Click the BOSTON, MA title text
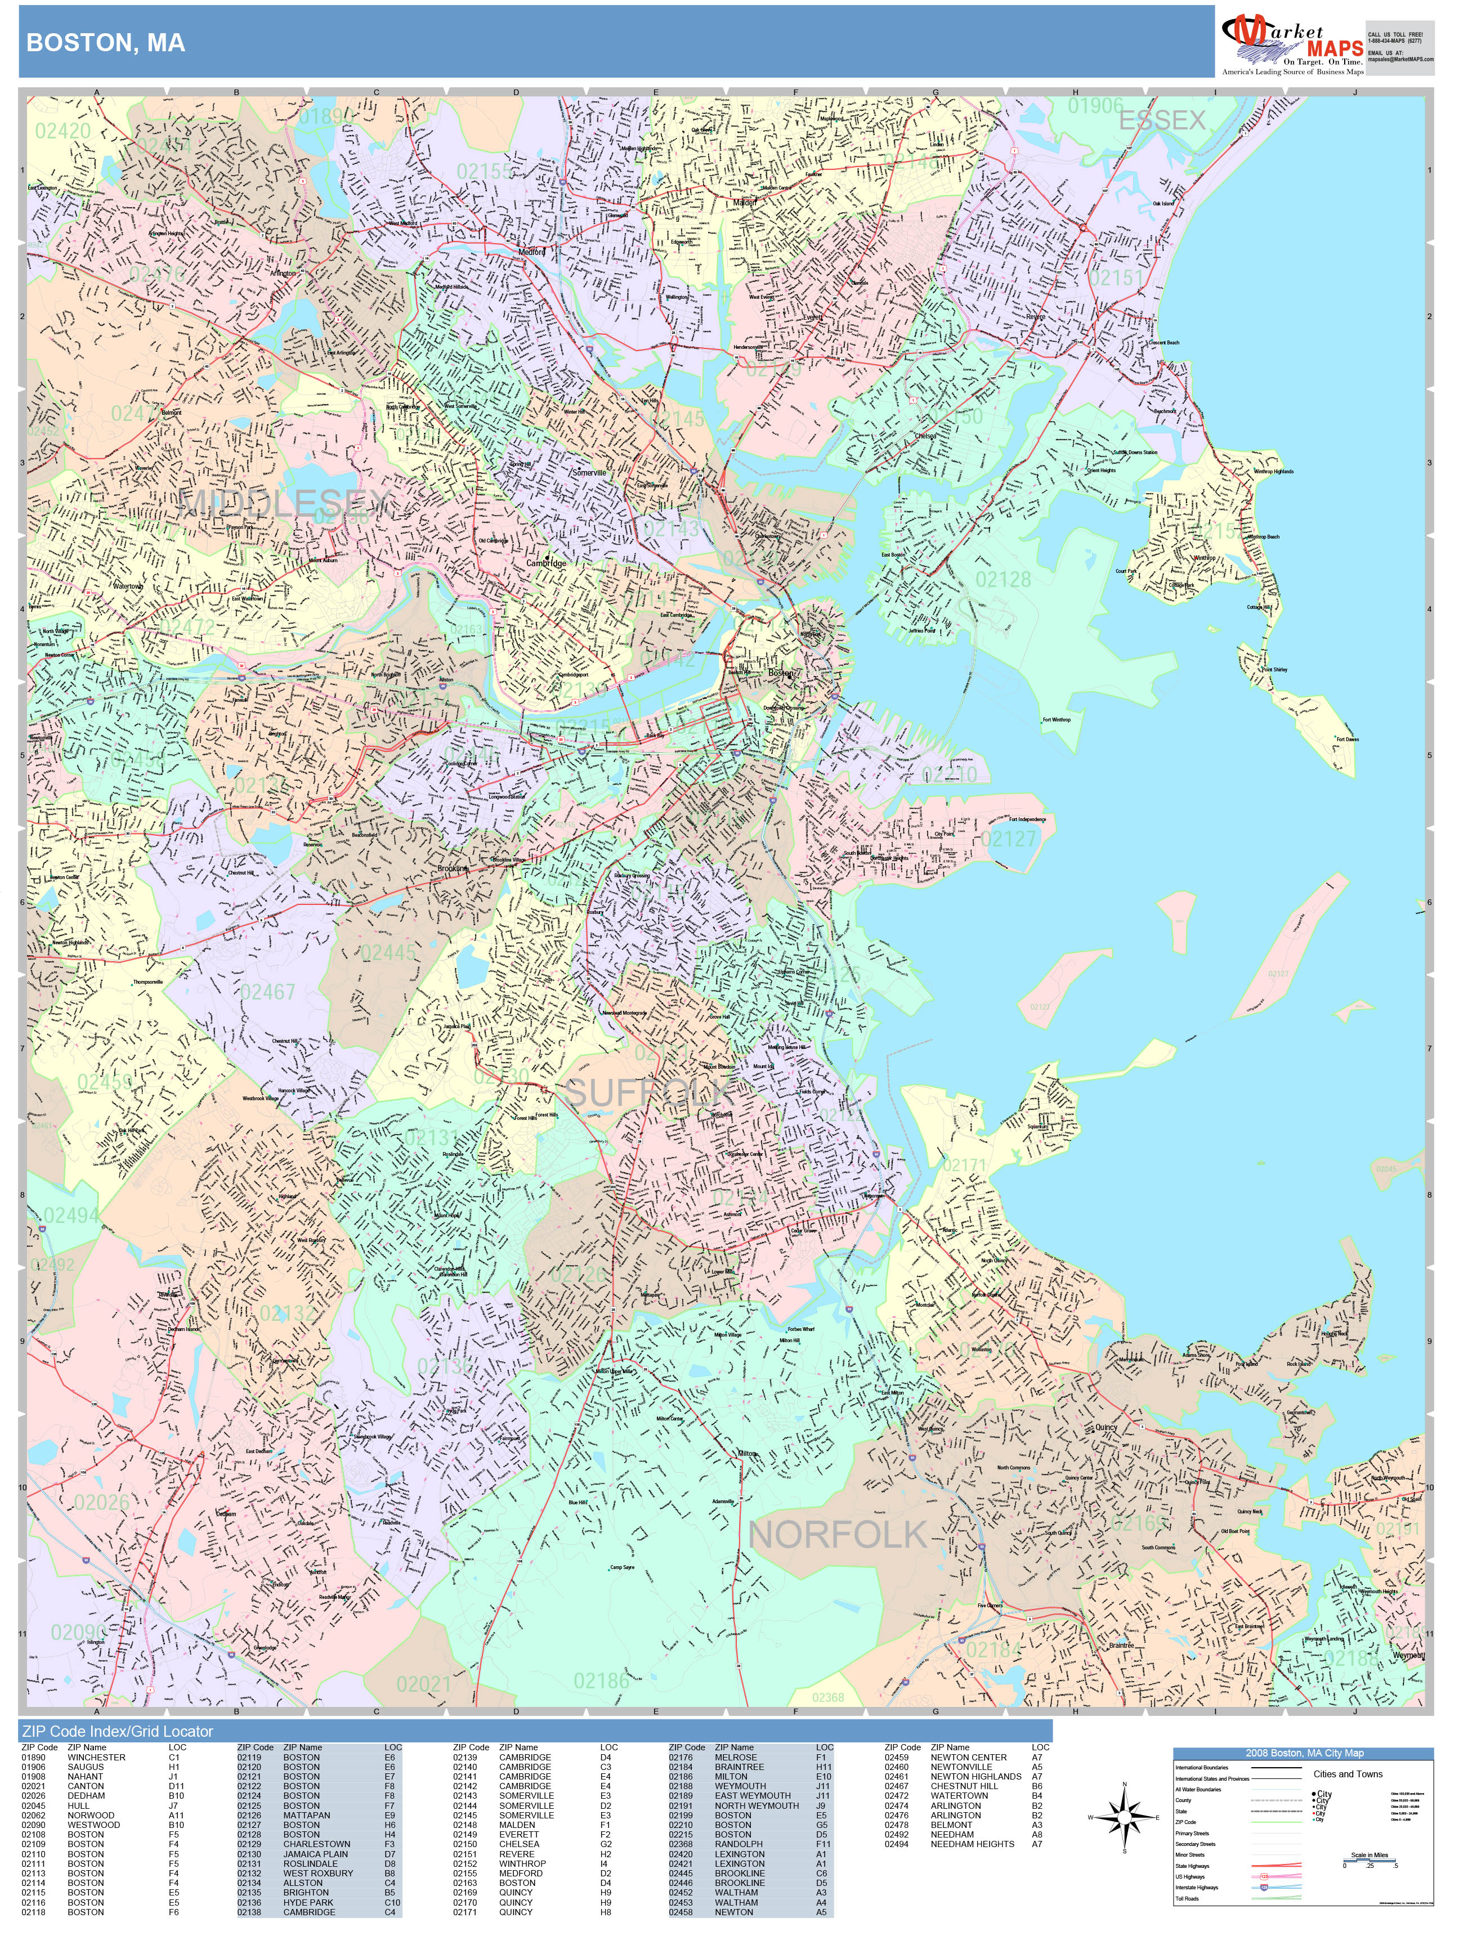[x=105, y=43]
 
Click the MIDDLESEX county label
[x=283, y=503]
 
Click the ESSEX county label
[x=1162, y=120]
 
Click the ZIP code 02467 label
[x=267, y=992]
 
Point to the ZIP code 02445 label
[x=388, y=952]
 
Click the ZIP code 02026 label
[x=101, y=1503]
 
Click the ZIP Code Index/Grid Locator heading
[x=117, y=1731]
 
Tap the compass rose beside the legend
[x=1124, y=1817]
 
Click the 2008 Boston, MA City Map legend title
[x=1303, y=1753]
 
